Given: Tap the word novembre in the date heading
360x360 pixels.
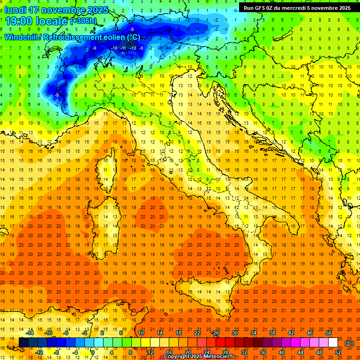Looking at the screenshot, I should [65, 10].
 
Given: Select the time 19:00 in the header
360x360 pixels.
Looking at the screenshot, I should [19, 21].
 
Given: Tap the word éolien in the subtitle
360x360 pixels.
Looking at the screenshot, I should [117, 37].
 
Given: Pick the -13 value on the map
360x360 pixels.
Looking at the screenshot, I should [133, 48].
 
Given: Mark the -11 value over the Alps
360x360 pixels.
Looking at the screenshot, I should [124, 48].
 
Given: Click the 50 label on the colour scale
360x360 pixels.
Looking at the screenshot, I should [329, 333].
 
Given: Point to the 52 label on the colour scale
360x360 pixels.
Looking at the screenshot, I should [338, 352].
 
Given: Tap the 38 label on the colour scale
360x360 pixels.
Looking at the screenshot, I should [272, 333].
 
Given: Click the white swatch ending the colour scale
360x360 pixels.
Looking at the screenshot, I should [333, 343].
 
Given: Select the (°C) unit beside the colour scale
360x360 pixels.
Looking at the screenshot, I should [349, 343].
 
